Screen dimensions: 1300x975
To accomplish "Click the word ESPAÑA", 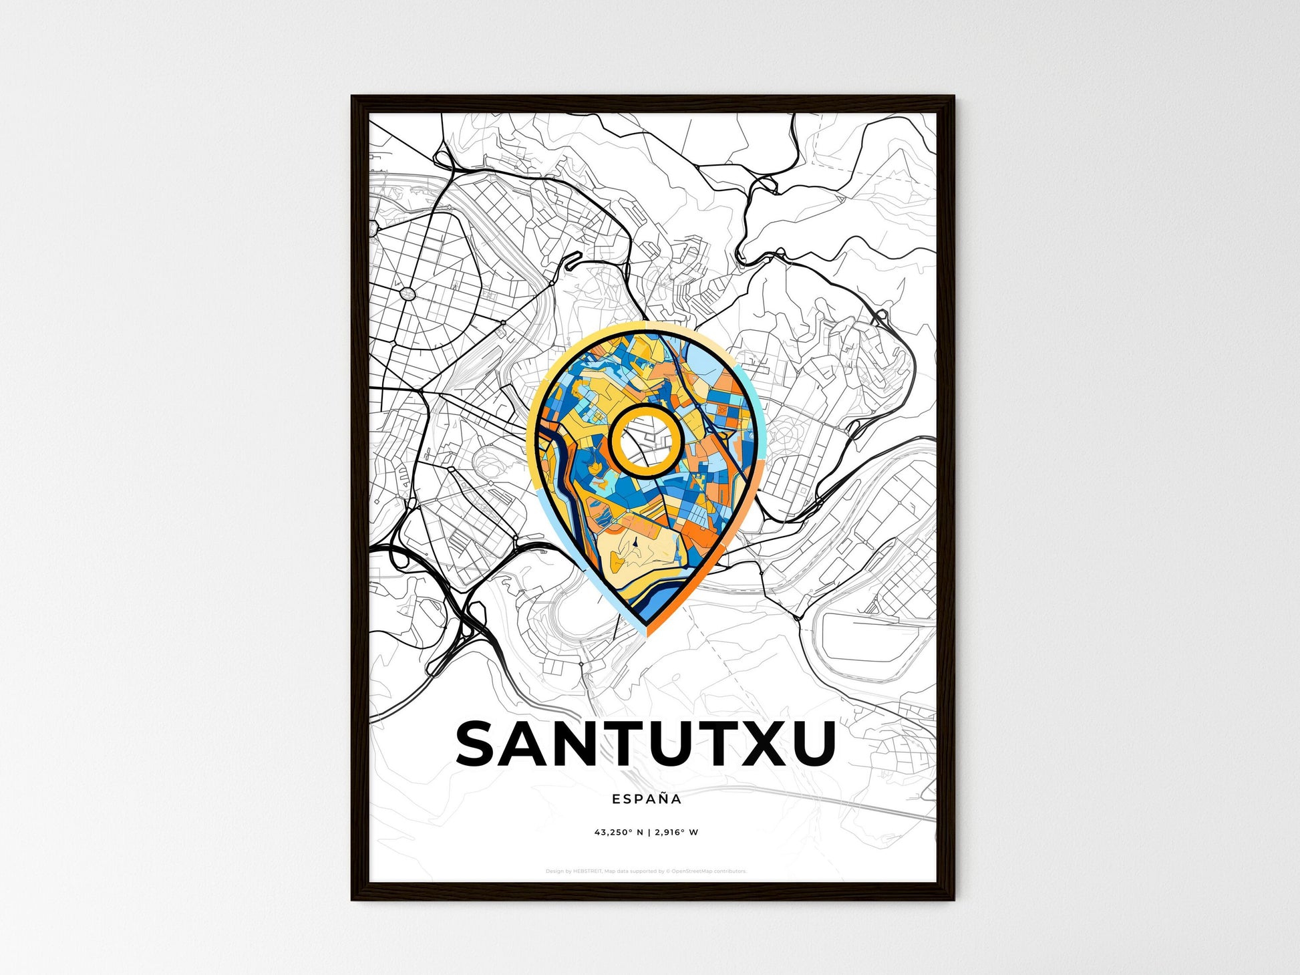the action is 647,799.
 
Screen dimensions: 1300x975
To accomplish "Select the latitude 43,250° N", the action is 619,833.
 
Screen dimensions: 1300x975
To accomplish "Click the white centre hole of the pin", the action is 645,441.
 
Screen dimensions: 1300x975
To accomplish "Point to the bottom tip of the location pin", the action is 646,634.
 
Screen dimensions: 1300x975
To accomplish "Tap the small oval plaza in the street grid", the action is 407,293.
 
